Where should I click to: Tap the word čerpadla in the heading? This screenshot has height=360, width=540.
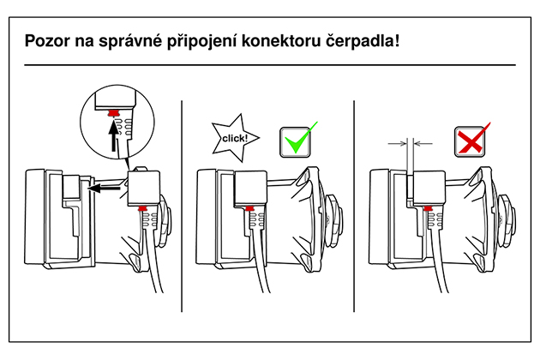point(361,41)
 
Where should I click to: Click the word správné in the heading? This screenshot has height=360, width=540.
point(130,42)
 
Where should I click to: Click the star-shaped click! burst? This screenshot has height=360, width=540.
point(235,138)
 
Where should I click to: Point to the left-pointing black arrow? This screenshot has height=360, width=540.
point(104,188)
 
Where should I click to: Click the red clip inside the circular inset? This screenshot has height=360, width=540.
point(113,113)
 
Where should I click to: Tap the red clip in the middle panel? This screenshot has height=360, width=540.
point(250,208)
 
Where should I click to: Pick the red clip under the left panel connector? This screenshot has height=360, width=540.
point(142,208)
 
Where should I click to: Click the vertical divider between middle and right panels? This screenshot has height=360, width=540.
point(354,206)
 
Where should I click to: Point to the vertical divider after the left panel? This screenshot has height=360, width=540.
point(182,206)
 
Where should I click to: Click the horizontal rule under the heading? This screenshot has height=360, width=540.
point(270,65)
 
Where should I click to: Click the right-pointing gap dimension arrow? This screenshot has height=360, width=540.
point(398,144)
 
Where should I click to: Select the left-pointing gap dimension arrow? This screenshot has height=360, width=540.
point(423,144)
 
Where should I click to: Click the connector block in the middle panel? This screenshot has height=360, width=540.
point(250,188)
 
